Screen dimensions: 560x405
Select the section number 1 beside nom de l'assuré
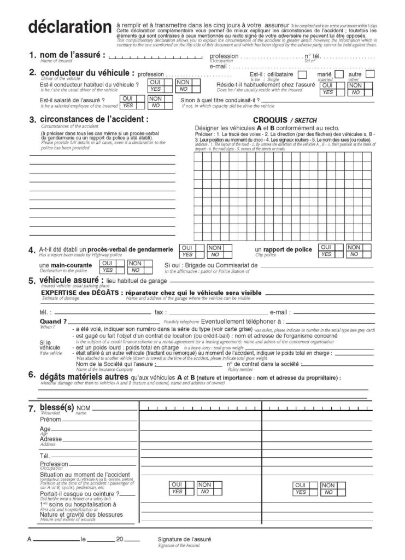(x=32, y=55)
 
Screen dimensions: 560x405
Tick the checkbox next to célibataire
(x=302, y=74)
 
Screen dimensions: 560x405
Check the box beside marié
(x=339, y=74)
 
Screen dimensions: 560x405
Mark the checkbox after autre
(x=370, y=74)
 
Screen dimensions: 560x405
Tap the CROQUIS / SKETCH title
(x=285, y=120)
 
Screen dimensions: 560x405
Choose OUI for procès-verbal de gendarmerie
(x=187, y=248)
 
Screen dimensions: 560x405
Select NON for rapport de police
(x=354, y=247)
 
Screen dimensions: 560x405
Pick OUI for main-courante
(x=108, y=263)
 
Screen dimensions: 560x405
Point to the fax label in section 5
(x=160, y=312)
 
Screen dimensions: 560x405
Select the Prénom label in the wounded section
(x=50, y=419)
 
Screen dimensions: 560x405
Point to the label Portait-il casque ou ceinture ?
(x=80, y=494)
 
